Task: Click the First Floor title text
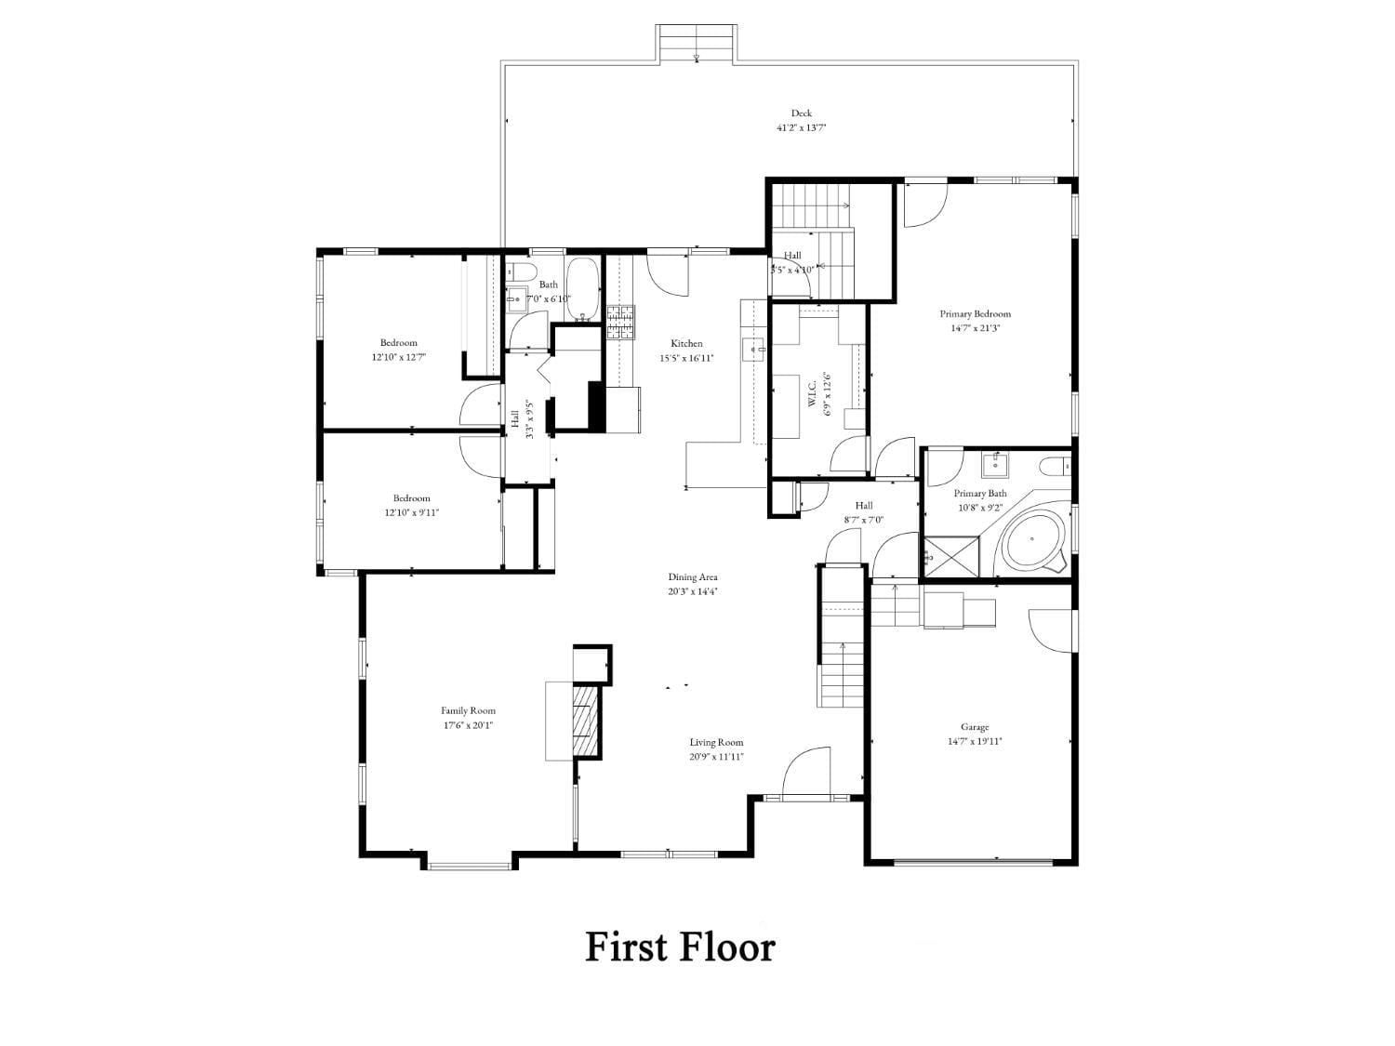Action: click(680, 947)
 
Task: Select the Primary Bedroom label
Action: click(975, 314)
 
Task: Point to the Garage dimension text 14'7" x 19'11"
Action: click(975, 742)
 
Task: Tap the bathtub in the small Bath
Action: click(583, 287)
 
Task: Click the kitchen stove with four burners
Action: click(620, 321)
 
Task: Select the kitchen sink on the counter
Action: click(752, 350)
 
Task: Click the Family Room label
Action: click(469, 710)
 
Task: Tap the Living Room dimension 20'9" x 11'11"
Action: click(716, 757)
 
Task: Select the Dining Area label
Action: click(693, 577)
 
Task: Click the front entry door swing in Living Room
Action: click(805, 773)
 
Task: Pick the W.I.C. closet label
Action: click(812, 394)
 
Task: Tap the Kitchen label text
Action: click(687, 343)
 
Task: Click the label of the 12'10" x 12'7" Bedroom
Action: click(398, 342)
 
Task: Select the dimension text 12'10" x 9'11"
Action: click(411, 512)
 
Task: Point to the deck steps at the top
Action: click(697, 43)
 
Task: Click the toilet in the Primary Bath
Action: click(1056, 465)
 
